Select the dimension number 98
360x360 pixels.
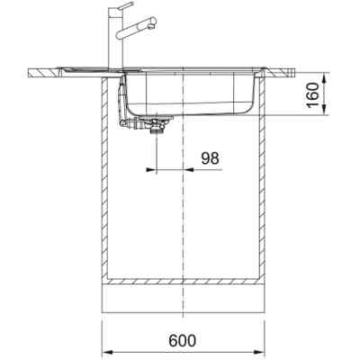pyautogui.click(x=210, y=157)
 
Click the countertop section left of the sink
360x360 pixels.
pyautogui.click(x=63, y=70)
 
